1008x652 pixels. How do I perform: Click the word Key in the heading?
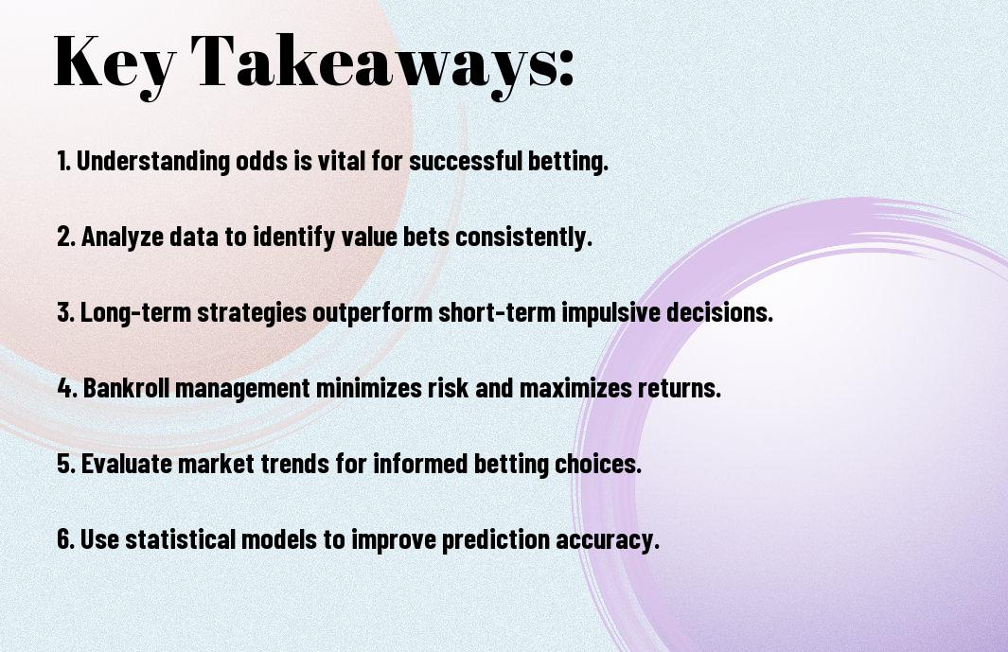115,65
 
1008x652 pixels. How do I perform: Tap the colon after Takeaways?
566,67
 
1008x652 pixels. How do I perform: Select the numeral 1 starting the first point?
62,161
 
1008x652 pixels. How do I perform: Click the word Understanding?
152,162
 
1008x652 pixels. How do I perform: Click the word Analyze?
122,238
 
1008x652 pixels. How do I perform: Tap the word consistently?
523,238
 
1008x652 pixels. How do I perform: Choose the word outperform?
372,313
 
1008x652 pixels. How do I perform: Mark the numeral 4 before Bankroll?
65,388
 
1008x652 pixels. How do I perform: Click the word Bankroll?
127,388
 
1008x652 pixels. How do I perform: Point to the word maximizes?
575,388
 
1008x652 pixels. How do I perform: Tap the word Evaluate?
126,464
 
